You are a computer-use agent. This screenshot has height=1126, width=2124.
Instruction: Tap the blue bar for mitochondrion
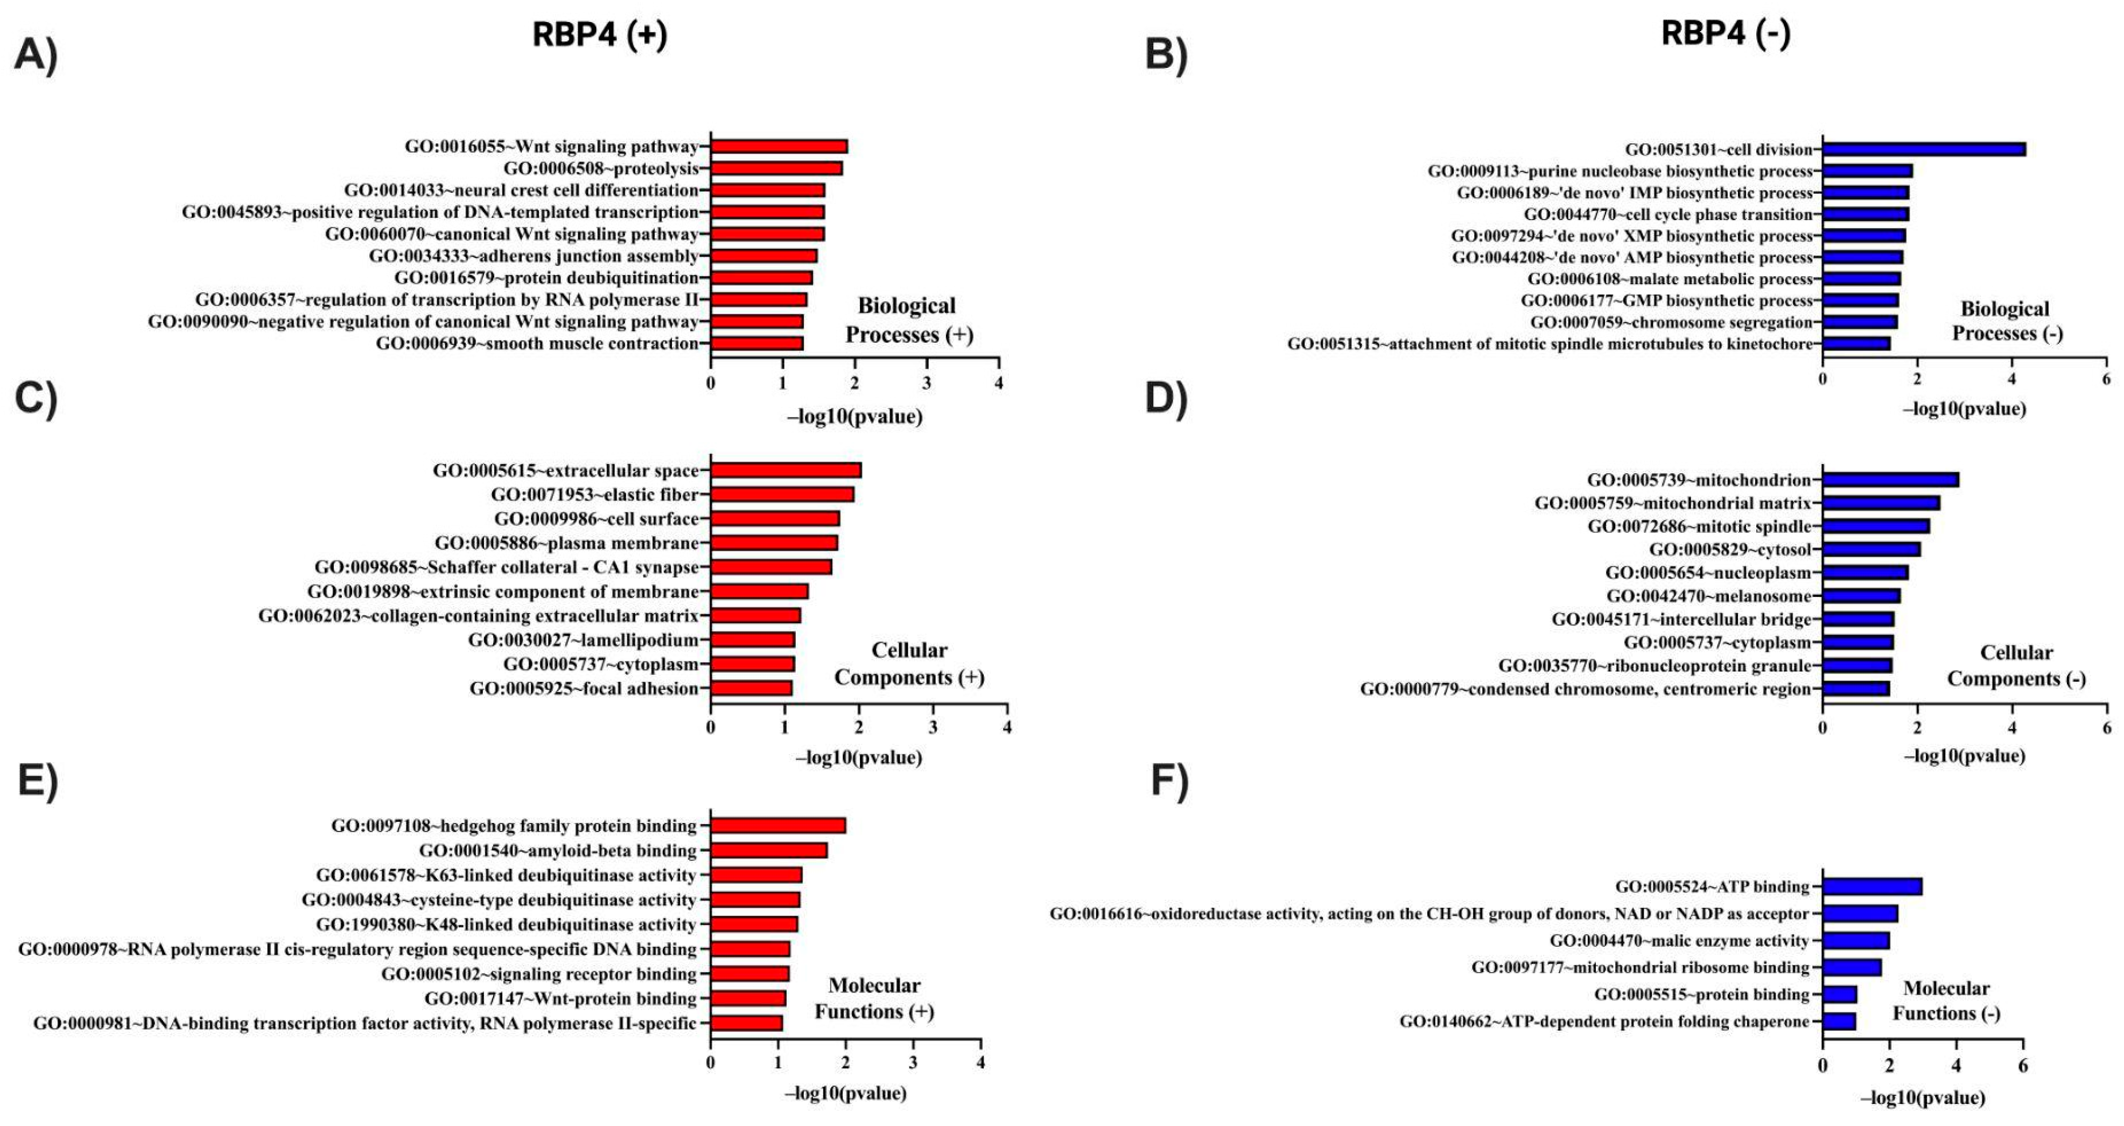click(x=1890, y=480)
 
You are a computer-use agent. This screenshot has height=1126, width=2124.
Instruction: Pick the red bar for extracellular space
click(x=785, y=470)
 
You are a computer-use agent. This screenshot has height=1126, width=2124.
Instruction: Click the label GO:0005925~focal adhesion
click(x=584, y=689)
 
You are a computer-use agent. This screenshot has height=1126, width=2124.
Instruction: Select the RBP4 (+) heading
click(x=599, y=34)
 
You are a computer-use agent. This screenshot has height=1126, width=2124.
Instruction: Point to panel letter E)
click(x=37, y=780)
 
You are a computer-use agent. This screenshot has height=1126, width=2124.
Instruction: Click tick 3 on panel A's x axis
click(x=927, y=383)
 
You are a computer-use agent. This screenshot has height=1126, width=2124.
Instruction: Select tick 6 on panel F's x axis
click(x=2023, y=1066)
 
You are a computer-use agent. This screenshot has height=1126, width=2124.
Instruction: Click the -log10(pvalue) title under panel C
click(x=858, y=757)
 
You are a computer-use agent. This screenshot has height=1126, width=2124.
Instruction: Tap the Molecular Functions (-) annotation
click(x=1946, y=1001)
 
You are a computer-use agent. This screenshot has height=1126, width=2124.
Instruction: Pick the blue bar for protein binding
click(x=1839, y=995)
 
